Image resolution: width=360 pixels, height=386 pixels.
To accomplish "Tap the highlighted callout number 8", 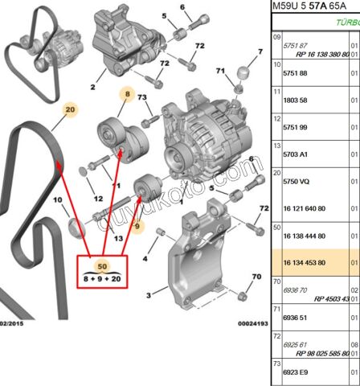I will pyautogui.click(x=126, y=94).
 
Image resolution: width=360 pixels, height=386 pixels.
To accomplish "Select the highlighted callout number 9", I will pyautogui.click(x=137, y=228).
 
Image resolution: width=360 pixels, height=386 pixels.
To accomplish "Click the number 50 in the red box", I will pyautogui.click(x=101, y=265).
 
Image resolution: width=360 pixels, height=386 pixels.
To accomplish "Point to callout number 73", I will pyautogui.click(x=144, y=97).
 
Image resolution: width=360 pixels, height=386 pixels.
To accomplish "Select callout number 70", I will pyautogui.click(x=256, y=277).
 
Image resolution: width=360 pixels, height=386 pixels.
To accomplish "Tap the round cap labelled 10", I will pyautogui.click(x=76, y=228).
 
